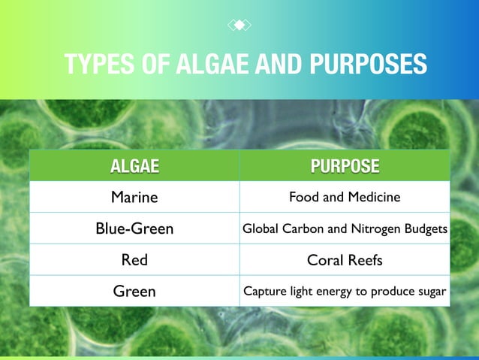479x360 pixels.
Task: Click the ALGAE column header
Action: pyautogui.click(x=134, y=166)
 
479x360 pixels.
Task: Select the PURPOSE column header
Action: pyautogui.click(x=345, y=166)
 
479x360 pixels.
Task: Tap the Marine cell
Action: pyautogui.click(x=134, y=198)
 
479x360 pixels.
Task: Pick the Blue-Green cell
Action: pyautogui.click(x=134, y=228)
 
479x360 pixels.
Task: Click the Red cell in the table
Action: pyautogui.click(x=134, y=260)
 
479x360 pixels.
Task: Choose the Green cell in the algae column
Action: pyautogui.click(x=134, y=292)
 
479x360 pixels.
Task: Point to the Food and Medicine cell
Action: pyautogui.click(x=345, y=198)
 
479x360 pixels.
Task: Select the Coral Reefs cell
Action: pyautogui.click(x=345, y=260)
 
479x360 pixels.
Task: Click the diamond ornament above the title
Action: pyautogui.click(x=239, y=26)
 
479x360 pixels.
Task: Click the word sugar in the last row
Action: pyautogui.click(x=430, y=292)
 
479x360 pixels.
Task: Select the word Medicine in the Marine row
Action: pyautogui.click(x=372, y=198)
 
